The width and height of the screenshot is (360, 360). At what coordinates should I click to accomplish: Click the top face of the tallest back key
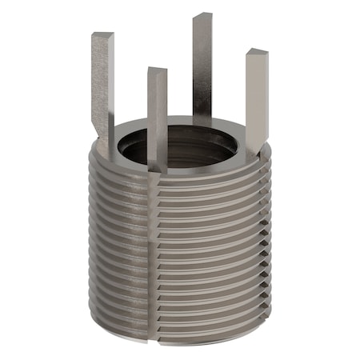[x=202, y=15]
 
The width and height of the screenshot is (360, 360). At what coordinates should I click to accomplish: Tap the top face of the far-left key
[x=102, y=35]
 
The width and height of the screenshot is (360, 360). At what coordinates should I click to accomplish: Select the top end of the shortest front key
[x=157, y=71]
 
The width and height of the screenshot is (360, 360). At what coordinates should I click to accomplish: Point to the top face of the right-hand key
[x=257, y=52]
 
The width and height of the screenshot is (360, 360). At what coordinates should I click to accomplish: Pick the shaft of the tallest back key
[x=202, y=64]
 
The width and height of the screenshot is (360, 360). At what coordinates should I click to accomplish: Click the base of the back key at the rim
[x=203, y=120]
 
